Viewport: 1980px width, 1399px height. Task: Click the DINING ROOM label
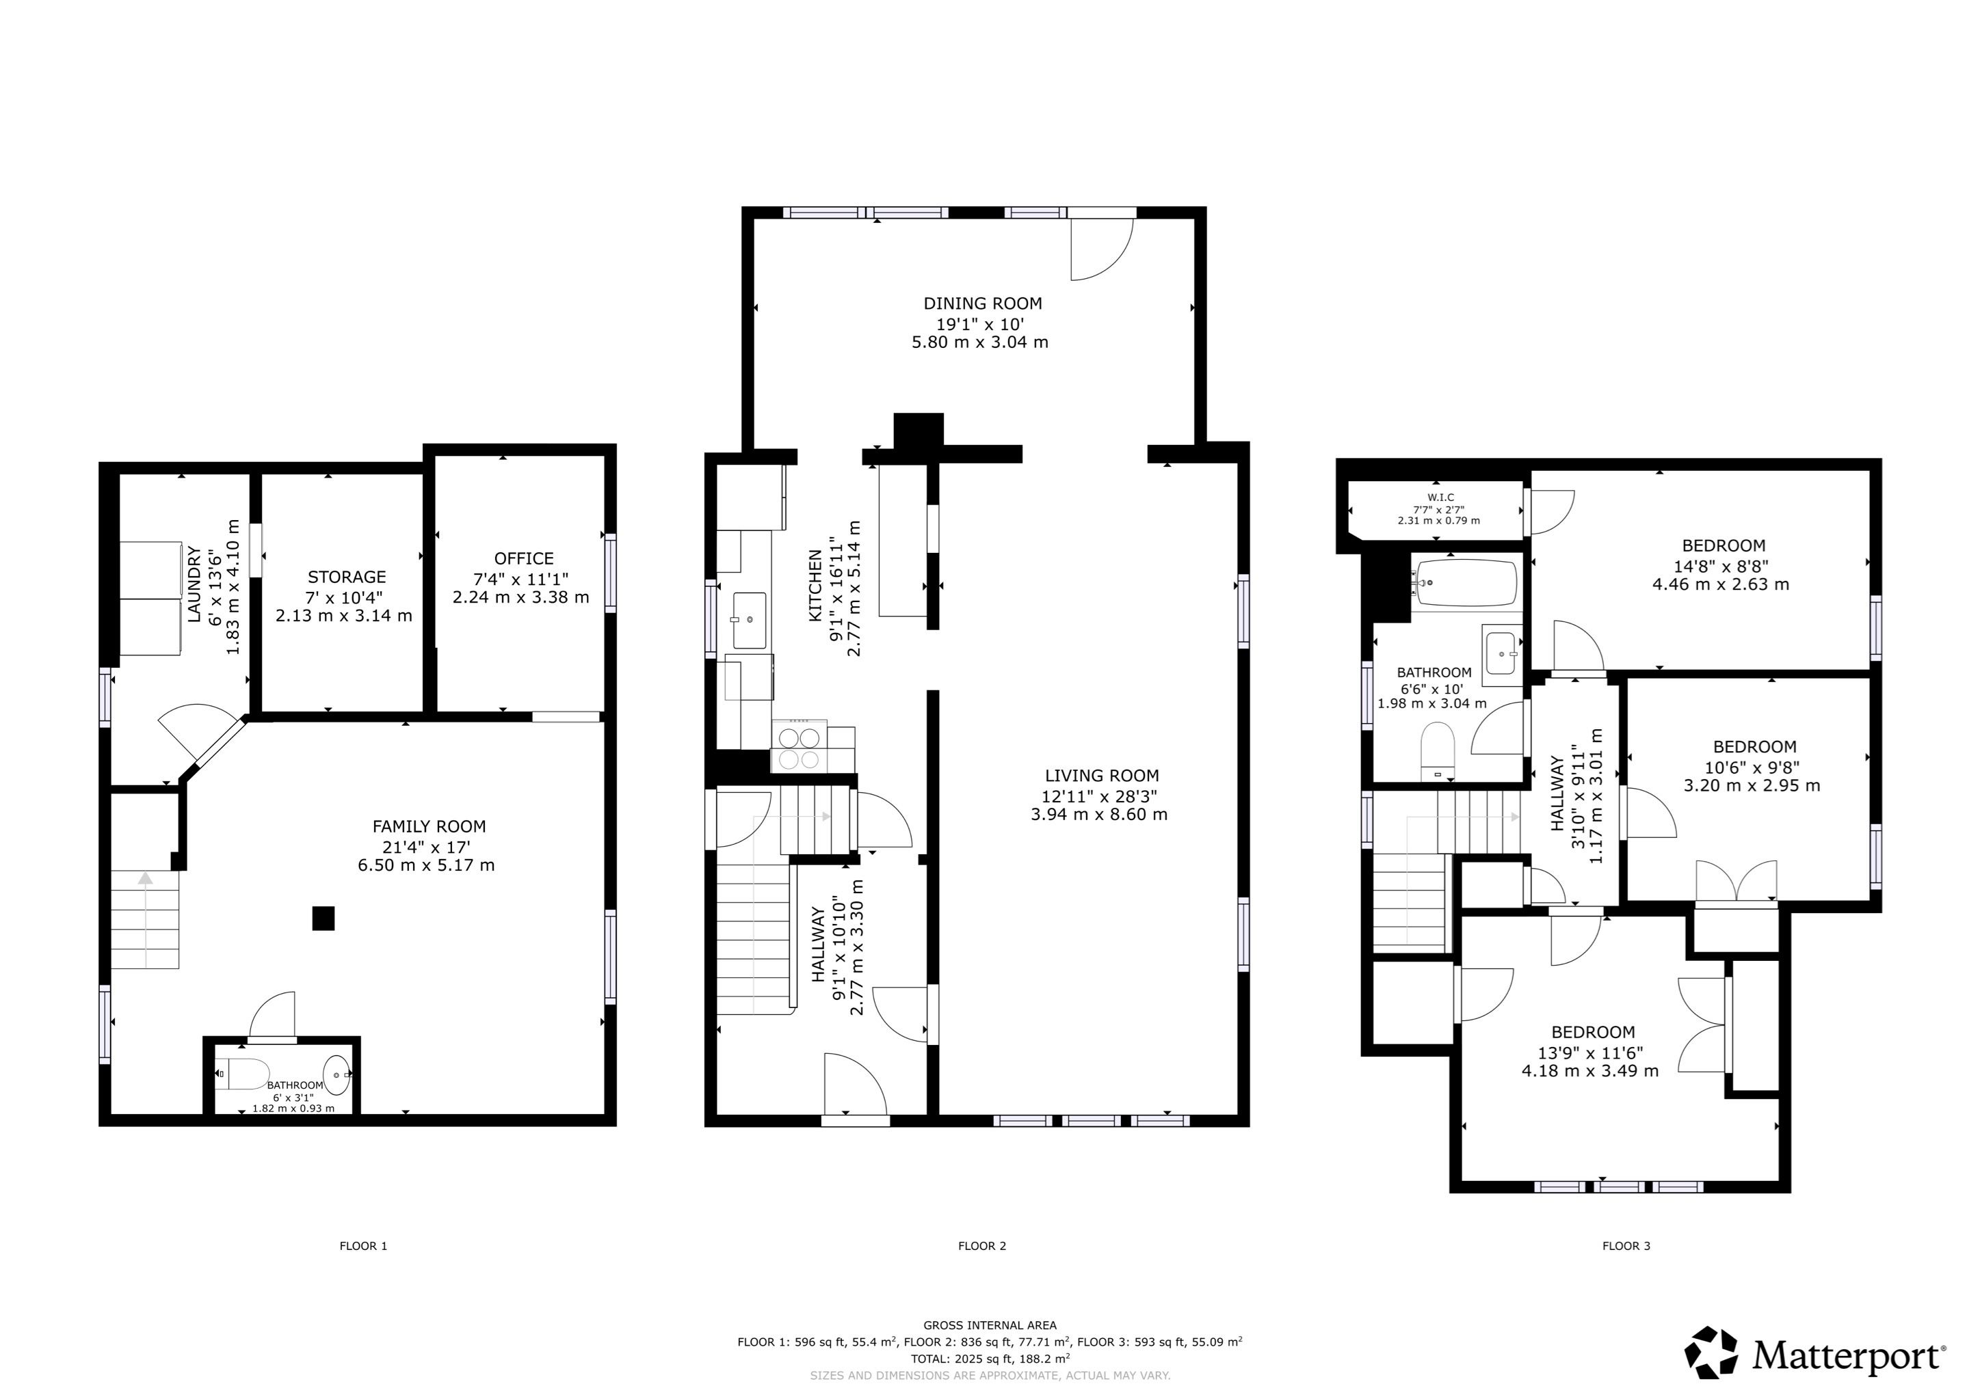982,303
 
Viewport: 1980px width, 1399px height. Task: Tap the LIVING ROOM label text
1102,776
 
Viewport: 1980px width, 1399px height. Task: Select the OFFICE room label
523,558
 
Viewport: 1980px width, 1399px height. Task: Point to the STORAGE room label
347,577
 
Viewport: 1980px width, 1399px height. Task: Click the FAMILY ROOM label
429,827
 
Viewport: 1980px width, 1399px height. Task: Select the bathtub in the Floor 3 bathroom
1466,583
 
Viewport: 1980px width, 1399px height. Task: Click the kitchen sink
750,620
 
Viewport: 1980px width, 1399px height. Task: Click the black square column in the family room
323,918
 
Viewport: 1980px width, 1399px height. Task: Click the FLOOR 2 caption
982,1245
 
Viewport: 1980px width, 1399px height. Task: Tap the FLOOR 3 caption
1626,1245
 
